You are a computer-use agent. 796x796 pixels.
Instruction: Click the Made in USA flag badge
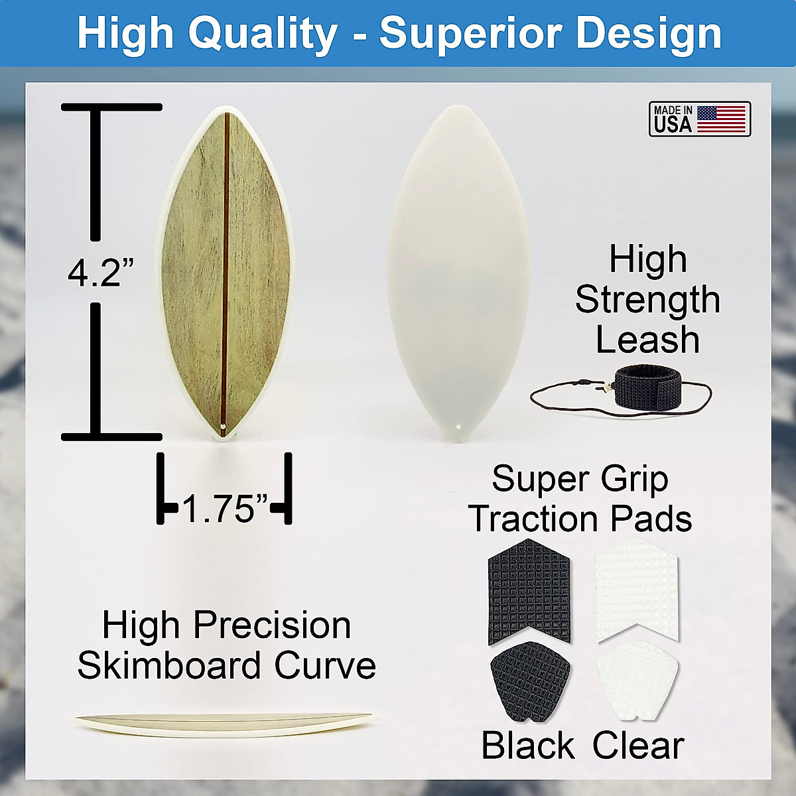(x=699, y=119)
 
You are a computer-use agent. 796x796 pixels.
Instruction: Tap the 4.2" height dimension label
(x=100, y=272)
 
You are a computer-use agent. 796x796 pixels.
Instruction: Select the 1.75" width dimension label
(x=224, y=509)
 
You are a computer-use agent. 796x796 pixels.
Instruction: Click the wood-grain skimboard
(x=226, y=272)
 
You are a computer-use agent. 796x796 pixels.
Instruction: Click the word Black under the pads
(x=528, y=746)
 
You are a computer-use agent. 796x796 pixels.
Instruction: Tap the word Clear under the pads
(x=638, y=746)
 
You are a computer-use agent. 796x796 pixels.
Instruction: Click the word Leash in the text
(x=647, y=340)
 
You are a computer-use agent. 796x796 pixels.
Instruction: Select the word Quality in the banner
(x=263, y=33)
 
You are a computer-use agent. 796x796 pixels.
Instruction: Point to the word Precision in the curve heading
(x=272, y=625)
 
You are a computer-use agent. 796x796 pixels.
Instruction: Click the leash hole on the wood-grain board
(x=224, y=425)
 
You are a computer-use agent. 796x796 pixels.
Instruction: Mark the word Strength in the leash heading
(x=647, y=300)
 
